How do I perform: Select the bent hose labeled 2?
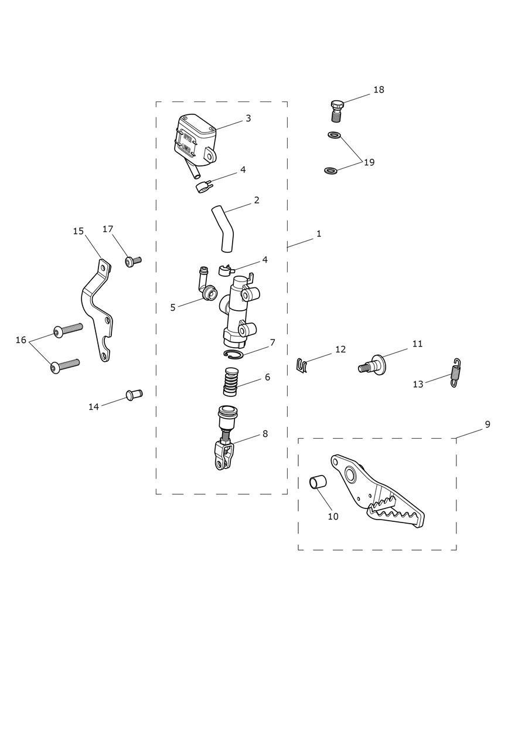(x=223, y=229)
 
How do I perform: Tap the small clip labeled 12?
(x=302, y=365)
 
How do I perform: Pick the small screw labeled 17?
(x=133, y=260)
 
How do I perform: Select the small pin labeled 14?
(x=134, y=394)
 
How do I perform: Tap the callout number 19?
(x=369, y=162)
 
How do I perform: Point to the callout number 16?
(x=21, y=340)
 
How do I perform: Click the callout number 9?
(x=487, y=424)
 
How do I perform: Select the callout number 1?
(x=319, y=233)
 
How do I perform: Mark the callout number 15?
(x=79, y=231)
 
